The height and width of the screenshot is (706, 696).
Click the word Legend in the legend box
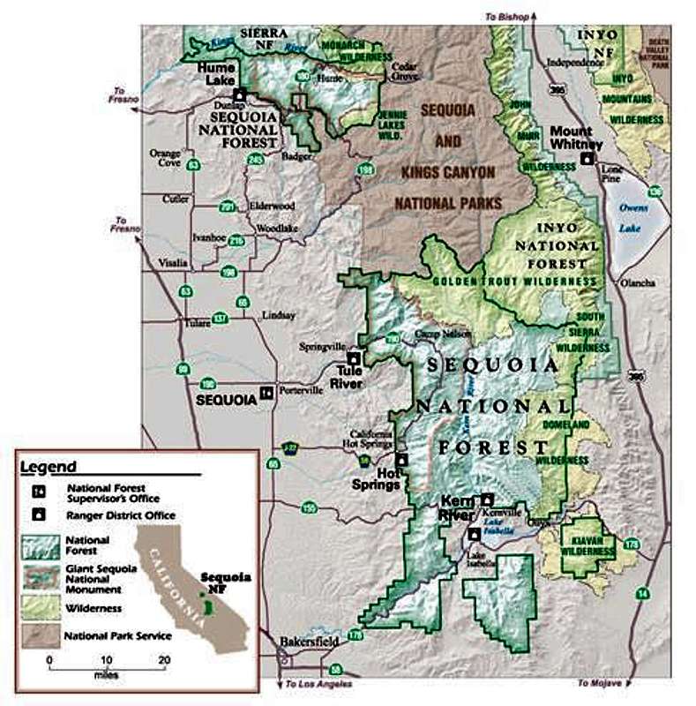pos(49,467)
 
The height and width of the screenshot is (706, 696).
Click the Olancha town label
pos(637,282)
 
